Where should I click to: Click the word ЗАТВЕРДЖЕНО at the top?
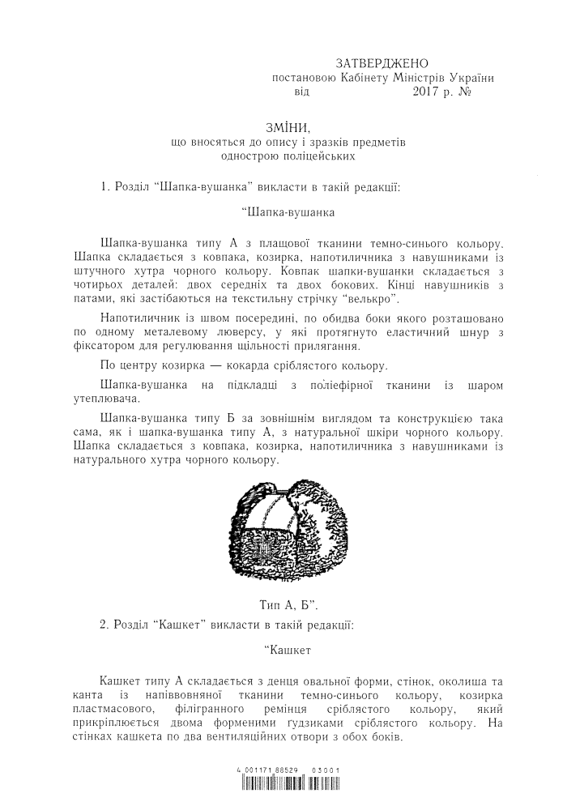(x=382, y=64)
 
